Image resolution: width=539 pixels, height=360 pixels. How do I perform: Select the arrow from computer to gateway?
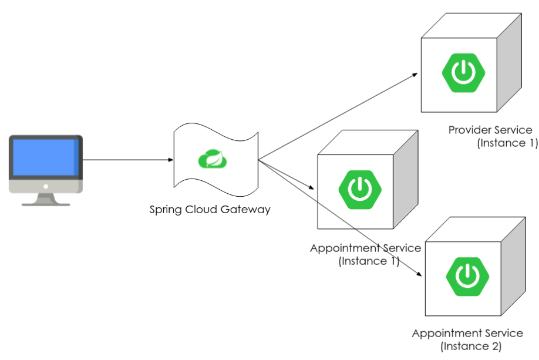click(x=126, y=159)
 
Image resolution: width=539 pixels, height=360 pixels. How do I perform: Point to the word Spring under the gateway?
click(x=166, y=209)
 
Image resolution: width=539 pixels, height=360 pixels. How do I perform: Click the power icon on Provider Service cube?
click(x=463, y=73)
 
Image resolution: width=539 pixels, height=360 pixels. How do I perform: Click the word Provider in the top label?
click(x=470, y=130)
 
